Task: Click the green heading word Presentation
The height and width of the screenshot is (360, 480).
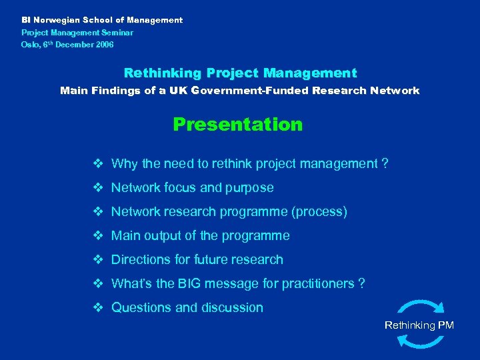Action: point(237,125)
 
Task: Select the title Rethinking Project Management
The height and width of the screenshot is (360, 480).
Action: point(240,73)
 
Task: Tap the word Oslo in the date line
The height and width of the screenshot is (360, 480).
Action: point(30,45)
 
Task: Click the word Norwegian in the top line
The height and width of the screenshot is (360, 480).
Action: point(58,20)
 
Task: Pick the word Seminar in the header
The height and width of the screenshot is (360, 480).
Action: point(118,32)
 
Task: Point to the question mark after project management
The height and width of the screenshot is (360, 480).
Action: point(385,164)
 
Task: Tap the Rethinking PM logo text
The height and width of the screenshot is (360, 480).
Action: point(419,325)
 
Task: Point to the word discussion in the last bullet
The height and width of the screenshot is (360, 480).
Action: point(230,308)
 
